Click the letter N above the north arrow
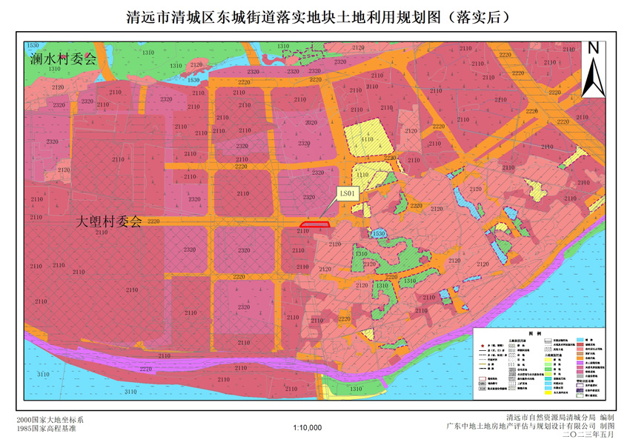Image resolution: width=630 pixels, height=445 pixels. [592, 48]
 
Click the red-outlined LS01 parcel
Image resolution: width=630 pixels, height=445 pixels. [314, 223]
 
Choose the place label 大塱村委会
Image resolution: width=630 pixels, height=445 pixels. [109, 221]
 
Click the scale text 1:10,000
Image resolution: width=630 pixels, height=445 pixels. [307, 427]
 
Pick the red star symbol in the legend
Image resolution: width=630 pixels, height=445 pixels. [484, 346]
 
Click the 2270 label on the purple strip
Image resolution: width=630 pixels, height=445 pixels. [145, 368]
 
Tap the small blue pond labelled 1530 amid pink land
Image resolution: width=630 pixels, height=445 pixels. [379, 234]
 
